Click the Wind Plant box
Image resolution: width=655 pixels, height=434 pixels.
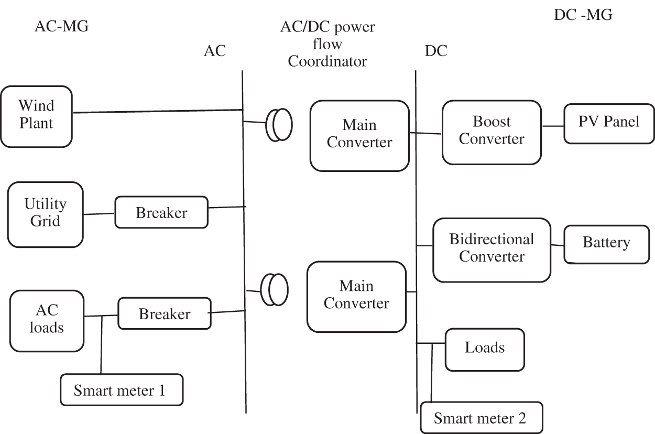coord(36,116)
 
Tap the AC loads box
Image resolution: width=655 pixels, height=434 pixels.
coord(47,320)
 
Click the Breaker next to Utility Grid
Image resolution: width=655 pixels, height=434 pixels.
coord(161,212)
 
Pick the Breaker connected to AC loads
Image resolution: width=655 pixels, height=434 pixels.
coord(165,313)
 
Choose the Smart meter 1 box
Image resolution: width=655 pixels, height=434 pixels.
coord(121,389)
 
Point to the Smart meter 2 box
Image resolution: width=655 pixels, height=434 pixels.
coord(481,418)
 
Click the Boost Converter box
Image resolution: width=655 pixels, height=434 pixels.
coord(492,132)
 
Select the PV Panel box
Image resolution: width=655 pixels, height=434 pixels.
coord(609,123)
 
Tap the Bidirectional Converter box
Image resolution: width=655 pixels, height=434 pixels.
coord(492,249)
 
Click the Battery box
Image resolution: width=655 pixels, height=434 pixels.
coord(606,243)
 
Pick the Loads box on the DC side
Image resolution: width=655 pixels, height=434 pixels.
coord(485,349)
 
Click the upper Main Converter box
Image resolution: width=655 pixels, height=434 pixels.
coord(359,135)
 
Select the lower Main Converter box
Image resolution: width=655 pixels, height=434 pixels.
coord(356,296)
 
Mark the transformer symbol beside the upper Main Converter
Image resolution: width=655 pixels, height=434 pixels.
coord(279,125)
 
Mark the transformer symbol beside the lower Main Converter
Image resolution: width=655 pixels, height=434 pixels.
coord(274,289)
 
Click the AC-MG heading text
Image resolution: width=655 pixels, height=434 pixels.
coord(61,26)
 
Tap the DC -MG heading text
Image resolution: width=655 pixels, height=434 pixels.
coord(583,15)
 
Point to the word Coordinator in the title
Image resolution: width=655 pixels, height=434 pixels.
coord(327,61)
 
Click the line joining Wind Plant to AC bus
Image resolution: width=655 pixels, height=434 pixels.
coord(157,111)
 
